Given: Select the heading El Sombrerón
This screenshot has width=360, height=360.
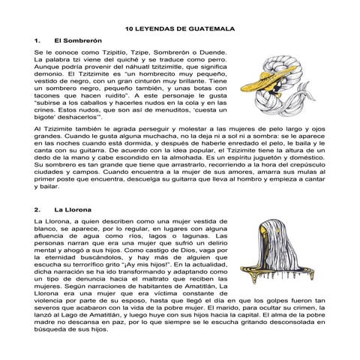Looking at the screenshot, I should pyautogui.click(x=72, y=40).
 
